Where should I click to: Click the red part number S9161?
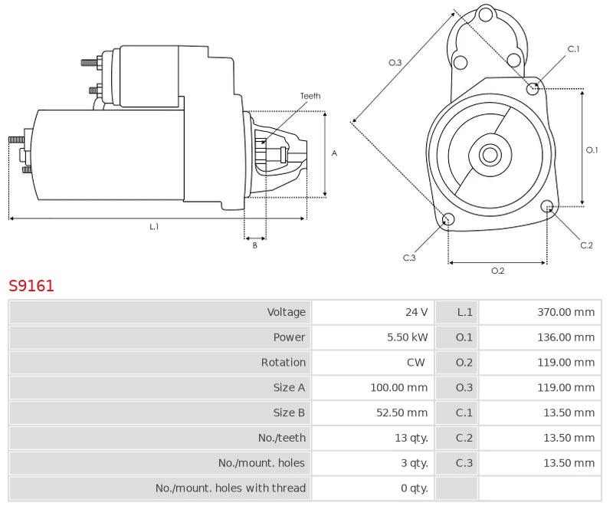click(x=31, y=286)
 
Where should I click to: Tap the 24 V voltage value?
click(x=417, y=312)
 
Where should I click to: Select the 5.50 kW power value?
click(x=408, y=337)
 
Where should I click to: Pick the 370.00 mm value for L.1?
click(x=565, y=312)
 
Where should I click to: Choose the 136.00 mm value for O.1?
click(x=565, y=337)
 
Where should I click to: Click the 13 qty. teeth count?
click(x=410, y=439)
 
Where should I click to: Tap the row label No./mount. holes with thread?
click(x=231, y=488)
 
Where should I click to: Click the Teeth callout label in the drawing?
click(x=310, y=96)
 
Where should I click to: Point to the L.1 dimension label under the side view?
click(x=154, y=227)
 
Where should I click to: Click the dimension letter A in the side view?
click(x=334, y=153)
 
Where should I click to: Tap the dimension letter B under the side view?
click(x=255, y=245)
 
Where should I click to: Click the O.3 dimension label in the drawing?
click(x=395, y=62)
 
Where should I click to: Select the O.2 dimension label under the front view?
click(x=497, y=271)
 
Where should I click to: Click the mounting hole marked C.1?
click(x=533, y=88)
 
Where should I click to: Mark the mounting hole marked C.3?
click(x=449, y=221)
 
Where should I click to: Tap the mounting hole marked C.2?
click(x=547, y=206)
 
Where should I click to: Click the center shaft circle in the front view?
click(x=489, y=155)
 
